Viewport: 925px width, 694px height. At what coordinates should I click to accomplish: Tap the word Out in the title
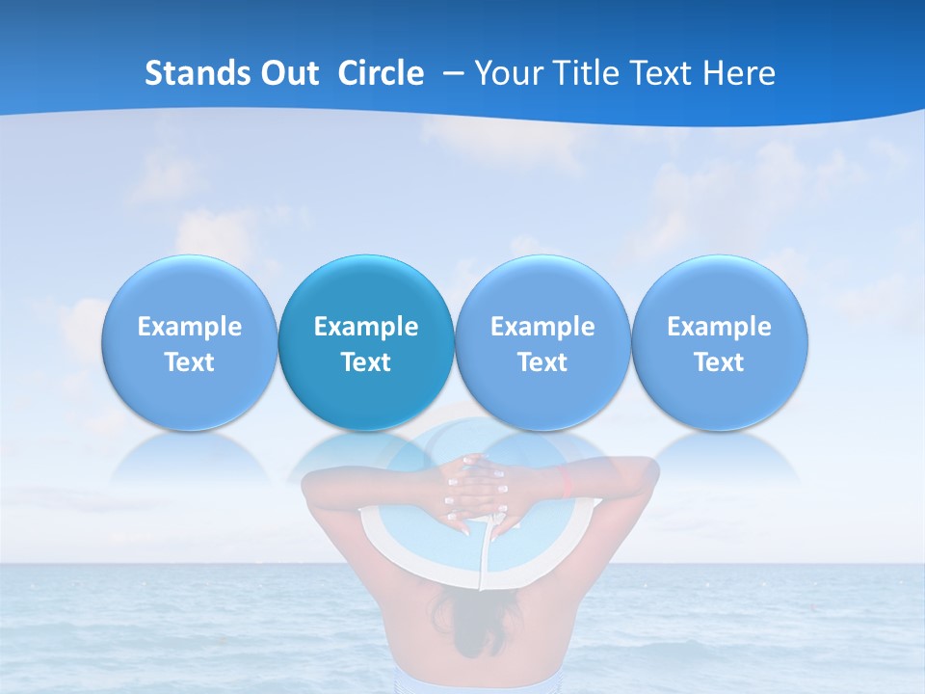[290, 73]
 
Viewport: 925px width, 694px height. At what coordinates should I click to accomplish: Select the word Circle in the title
[381, 73]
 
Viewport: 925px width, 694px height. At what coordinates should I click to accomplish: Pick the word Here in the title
[741, 73]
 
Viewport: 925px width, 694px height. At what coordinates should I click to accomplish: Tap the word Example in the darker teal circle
[366, 327]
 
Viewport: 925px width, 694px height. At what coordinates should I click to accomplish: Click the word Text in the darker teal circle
[366, 362]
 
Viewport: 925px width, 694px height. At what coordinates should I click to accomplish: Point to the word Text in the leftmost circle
[189, 362]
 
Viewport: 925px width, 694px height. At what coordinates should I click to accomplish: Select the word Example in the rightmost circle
[720, 327]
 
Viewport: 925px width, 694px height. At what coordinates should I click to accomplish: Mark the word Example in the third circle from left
[542, 327]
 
